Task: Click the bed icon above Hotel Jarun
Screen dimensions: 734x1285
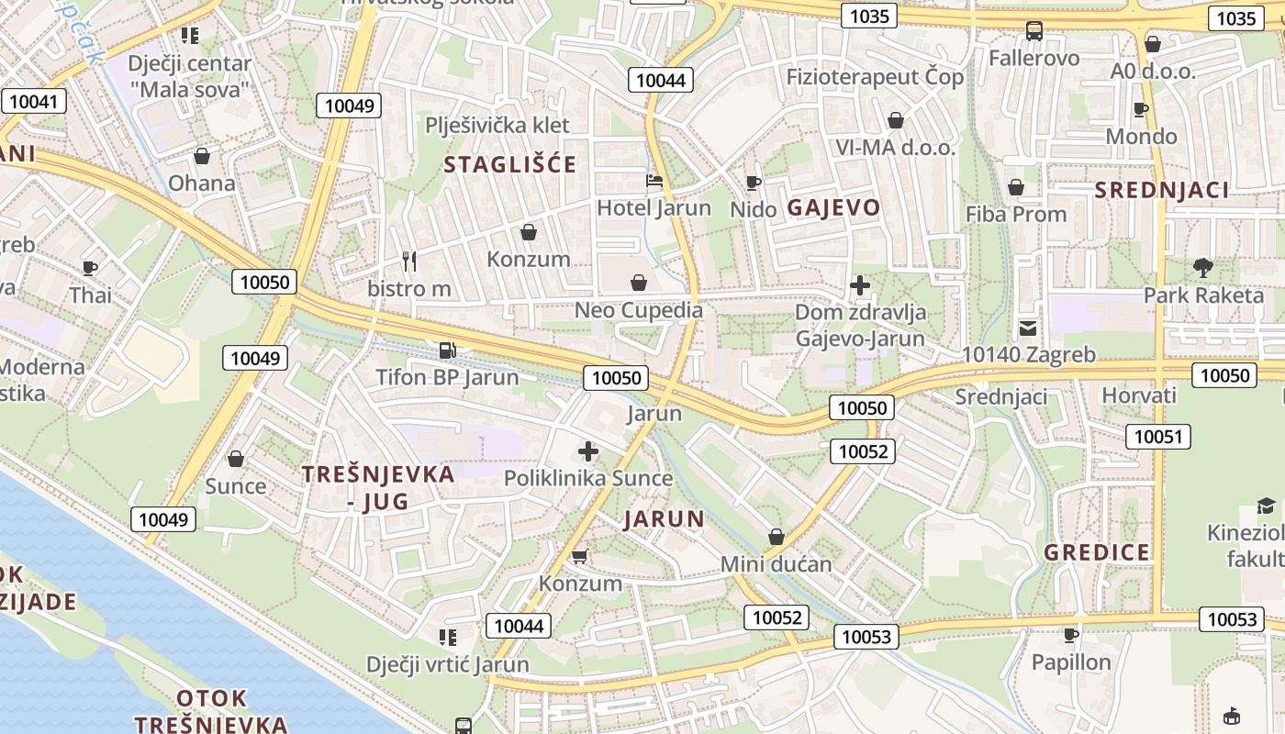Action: pyautogui.click(x=654, y=181)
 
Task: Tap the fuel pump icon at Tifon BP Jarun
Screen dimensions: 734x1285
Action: pyautogui.click(x=447, y=350)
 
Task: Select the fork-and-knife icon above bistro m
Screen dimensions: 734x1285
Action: pyautogui.click(x=409, y=261)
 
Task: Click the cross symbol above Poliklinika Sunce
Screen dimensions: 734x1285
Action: pyautogui.click(x=588, y=451)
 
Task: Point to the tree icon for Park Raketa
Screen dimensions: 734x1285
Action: pyautogui.click(x=1202, y=268)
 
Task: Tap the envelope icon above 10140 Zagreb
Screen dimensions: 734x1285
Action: pyautogui.click(x=1028, y=328)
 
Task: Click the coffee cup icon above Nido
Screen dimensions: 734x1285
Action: pyautogui.click(x=754, y=183)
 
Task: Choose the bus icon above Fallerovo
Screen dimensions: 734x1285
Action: pyautogui.click(x=1034, y=31)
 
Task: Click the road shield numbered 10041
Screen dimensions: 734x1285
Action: pyautogui.click(x=34, y=101)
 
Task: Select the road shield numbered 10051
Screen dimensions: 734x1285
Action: pyautogui.click(x=1158, y=437)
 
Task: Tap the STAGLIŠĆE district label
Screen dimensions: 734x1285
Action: pyautogui.click(x=510, y=165)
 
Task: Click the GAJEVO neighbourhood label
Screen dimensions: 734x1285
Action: pyautogui.click(x=833, y=207)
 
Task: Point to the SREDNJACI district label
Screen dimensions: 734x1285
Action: pyautogui.click(x=1162, y=190)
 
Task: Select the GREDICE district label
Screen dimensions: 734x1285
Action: pyautogui.click(x=1097, y=552)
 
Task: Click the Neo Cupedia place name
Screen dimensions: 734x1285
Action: pyautogui.click(x=639, y=310)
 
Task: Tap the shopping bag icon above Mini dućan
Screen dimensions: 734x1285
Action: pyautogui.click(x=777, y=537)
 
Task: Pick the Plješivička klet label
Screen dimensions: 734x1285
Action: pyautogui.click(x=497, y=125)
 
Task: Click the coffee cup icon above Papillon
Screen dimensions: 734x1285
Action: pyautogui.click(x=1070, y=635)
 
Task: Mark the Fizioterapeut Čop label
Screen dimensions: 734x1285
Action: pyautogui.click(x=875, y=77)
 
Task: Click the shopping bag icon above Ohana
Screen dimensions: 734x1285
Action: pyautogui.click(x=202, y=156)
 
